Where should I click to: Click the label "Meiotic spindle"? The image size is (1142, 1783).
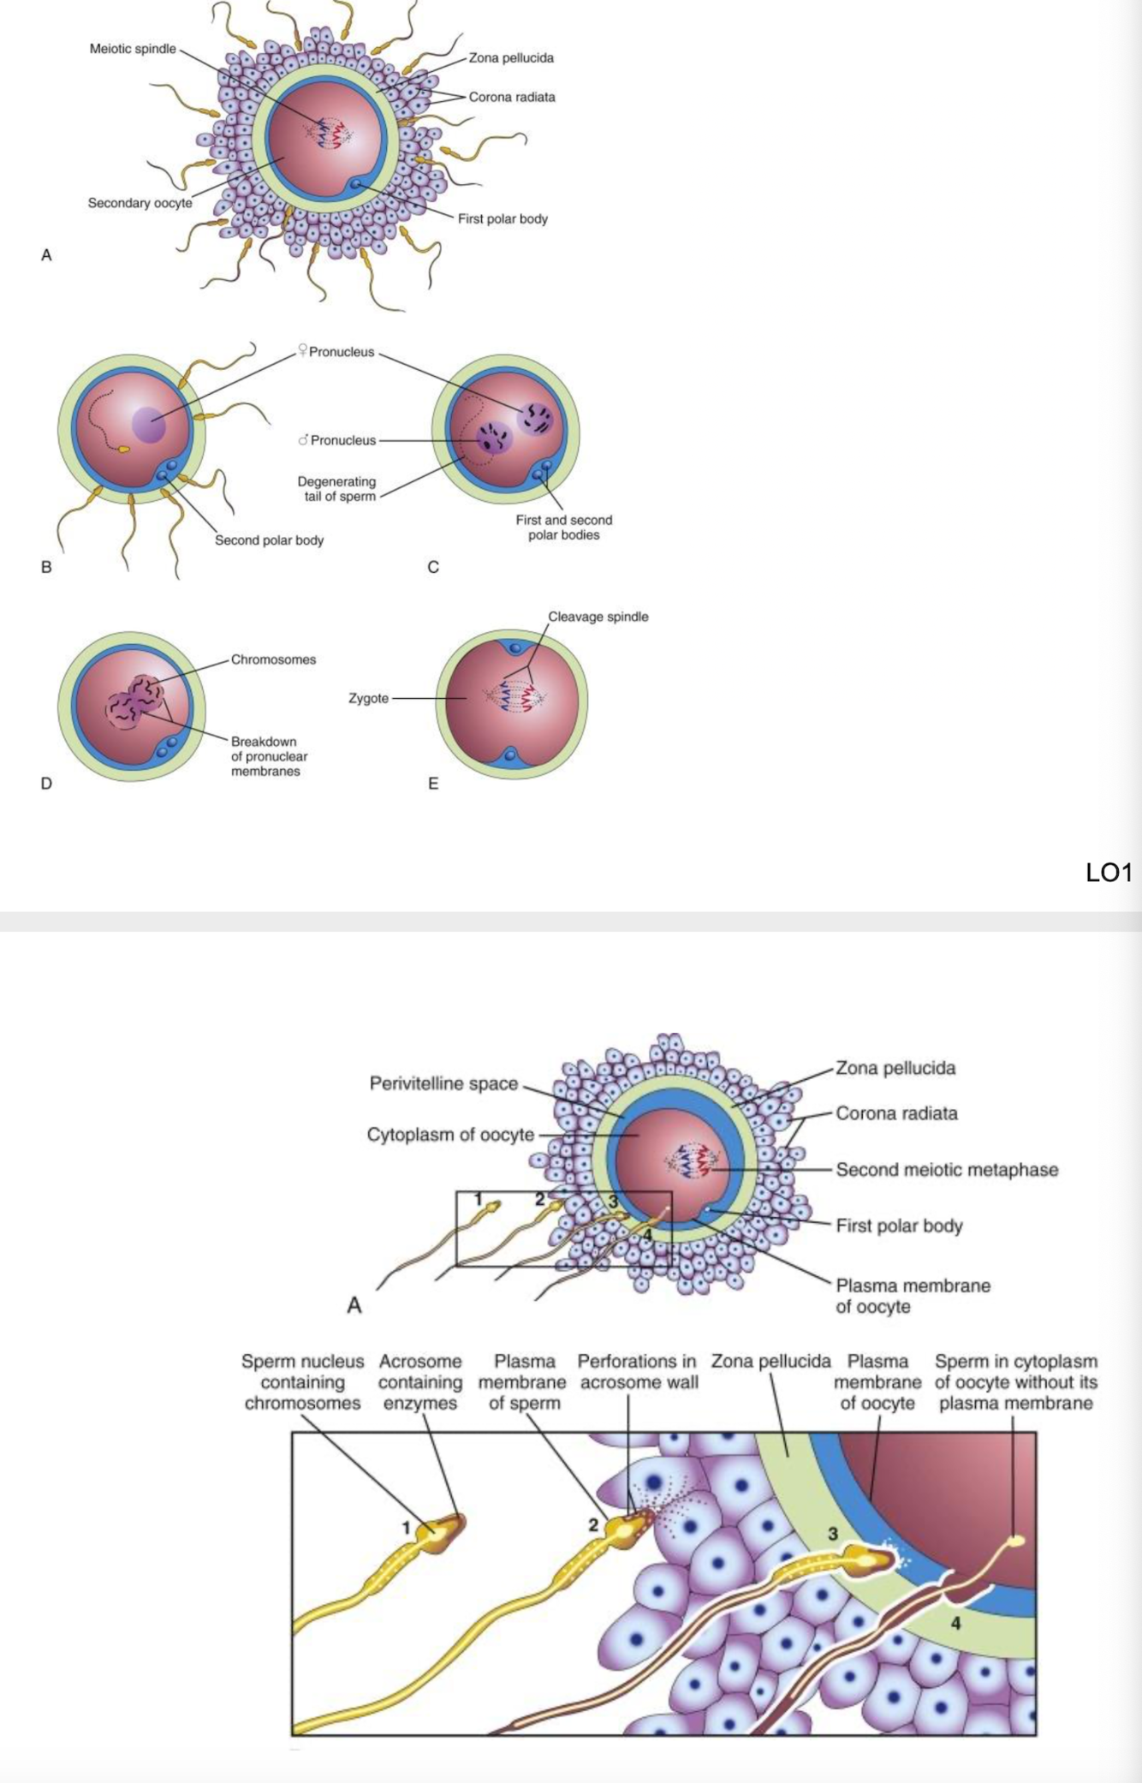[133, 49]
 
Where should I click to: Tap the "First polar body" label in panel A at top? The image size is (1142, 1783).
[503, 218]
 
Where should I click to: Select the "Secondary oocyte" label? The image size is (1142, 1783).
[140, 203]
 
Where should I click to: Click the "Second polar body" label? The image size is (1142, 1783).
[269, 540]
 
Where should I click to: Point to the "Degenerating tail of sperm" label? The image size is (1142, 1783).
[336, 489]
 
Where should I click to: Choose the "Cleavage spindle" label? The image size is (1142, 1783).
[598, 617]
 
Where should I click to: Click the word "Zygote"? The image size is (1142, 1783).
[369, 698]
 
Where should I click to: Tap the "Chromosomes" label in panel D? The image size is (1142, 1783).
[273, 659]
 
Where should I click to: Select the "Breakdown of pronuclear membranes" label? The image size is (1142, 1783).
[269, 756]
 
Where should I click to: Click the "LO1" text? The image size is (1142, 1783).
[1109, 873]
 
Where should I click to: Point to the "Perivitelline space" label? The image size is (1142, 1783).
[443, 1083]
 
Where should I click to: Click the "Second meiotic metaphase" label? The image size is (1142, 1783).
[947, 1170]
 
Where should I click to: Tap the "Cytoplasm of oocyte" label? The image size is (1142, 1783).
[450, 1135]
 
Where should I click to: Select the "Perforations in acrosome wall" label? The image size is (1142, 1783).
[638, 1371]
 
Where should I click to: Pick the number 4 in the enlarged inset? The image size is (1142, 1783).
[955, 1623]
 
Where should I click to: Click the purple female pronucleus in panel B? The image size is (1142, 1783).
[150, 425]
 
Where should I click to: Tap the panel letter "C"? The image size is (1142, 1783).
[433, 567]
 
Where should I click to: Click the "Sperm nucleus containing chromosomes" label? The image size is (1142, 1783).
[302, 1382]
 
